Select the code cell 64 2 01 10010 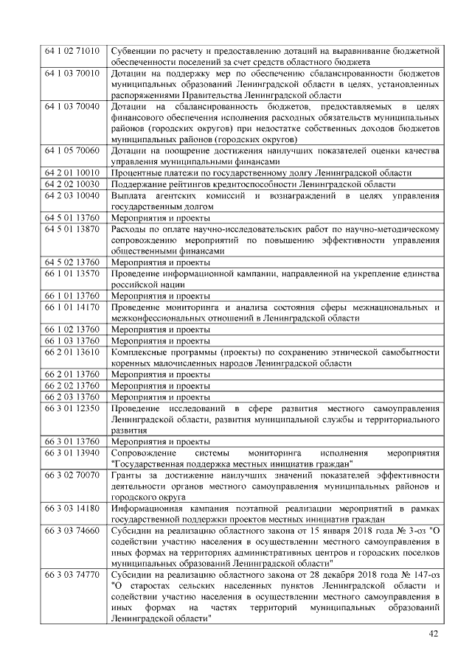[x=72, y=172]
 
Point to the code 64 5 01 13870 [x=72, y=229]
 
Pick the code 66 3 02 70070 [x=72, y=475]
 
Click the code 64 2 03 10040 [x=72, y=195]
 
